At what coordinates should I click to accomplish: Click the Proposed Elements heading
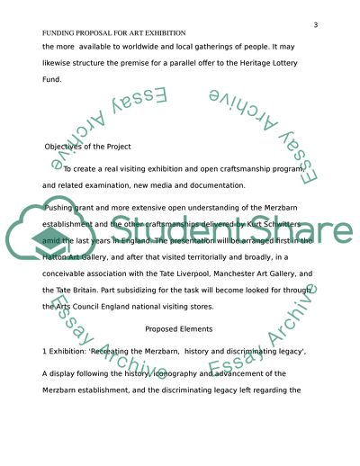180,329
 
